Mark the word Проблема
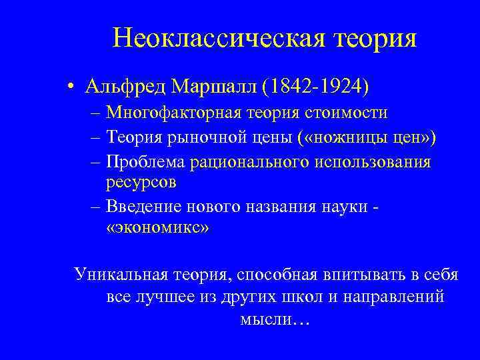click(146, 162)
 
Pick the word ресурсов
click(139, 181)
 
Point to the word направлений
click(392, 296)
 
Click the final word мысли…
click(274, 319)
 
